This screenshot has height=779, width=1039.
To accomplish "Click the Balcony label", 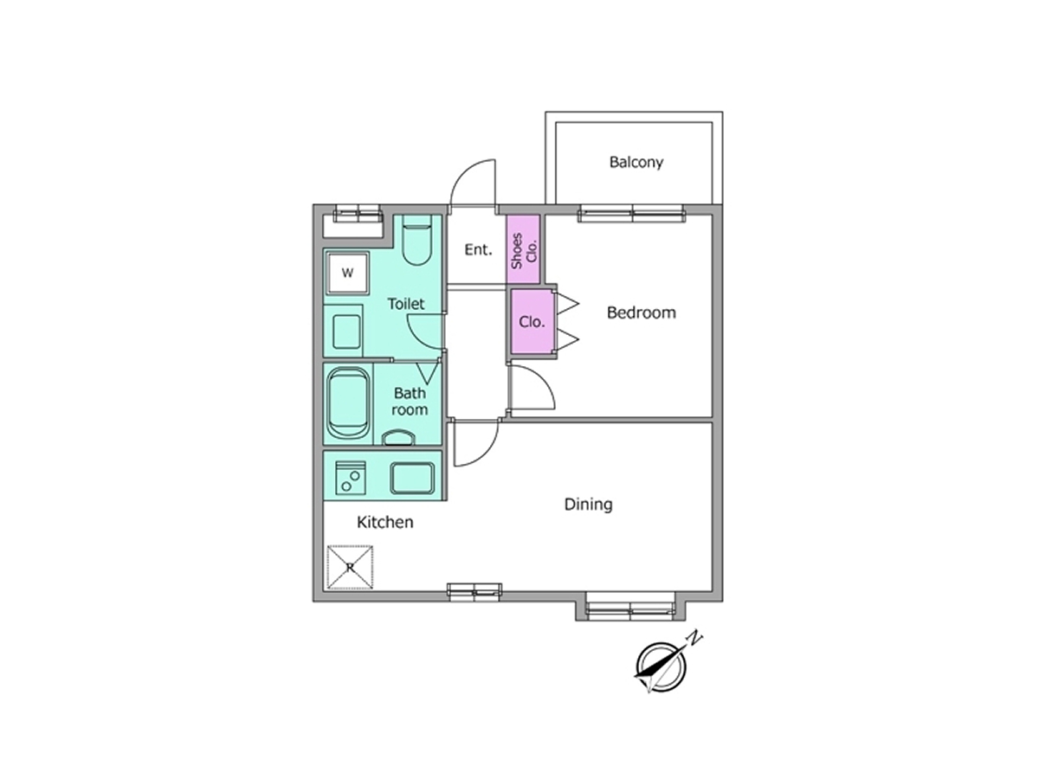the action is [x=636, y=162].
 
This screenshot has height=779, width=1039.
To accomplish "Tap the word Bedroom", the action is [x=641, y=312].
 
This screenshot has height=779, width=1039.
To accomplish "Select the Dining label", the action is [x=588, y=505].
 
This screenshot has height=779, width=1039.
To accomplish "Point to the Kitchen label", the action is [x=384, y=522].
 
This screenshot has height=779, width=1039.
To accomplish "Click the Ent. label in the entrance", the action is [x=478, y=250].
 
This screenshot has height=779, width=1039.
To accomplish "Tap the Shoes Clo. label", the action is [x=524, y=251].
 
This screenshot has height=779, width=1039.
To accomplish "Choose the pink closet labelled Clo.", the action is [x=532, y=322].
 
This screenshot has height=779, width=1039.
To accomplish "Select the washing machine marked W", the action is [x=348, y=273].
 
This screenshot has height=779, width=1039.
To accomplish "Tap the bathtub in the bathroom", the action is [x=348, y=404].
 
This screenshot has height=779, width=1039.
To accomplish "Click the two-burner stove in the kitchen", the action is [x=351, y=478].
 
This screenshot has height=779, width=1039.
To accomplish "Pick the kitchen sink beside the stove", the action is [x=412, y=478].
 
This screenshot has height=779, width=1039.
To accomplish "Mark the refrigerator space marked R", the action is [x=350, y=567].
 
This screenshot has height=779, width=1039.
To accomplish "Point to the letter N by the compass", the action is [x=694, y=639].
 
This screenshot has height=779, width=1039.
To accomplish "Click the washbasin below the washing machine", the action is [x=347, y=332].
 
